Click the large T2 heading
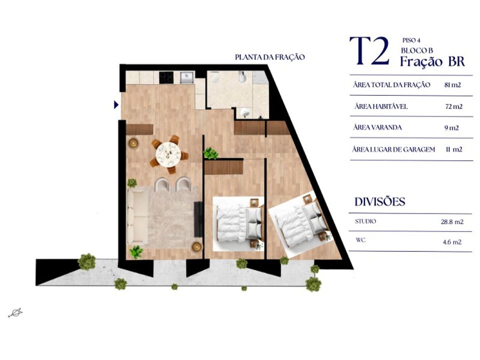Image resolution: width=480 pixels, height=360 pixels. (369, 51)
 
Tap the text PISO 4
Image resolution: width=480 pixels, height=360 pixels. (411, 40)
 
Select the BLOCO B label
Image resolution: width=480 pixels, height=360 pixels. (416, 50)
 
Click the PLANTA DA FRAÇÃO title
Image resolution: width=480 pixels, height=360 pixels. (269, 57)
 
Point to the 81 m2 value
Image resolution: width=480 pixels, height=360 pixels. (452, 85)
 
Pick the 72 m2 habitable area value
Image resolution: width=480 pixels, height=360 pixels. (453, 106)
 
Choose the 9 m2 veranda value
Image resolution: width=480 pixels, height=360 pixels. (451, 127)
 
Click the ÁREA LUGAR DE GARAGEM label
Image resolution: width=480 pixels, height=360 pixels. (393, 149)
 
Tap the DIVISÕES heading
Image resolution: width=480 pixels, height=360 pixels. (380, 201)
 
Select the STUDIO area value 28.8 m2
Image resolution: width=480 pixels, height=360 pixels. (452, 221)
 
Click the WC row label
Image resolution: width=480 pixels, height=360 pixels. (360, 240)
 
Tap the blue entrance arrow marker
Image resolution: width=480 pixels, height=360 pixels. (116, 104)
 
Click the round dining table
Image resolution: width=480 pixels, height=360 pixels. (168, 153)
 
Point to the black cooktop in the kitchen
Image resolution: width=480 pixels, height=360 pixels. (166, 77)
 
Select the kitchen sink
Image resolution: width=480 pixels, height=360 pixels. (186, 77)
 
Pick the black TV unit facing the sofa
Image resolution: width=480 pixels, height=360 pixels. (198, 219)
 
